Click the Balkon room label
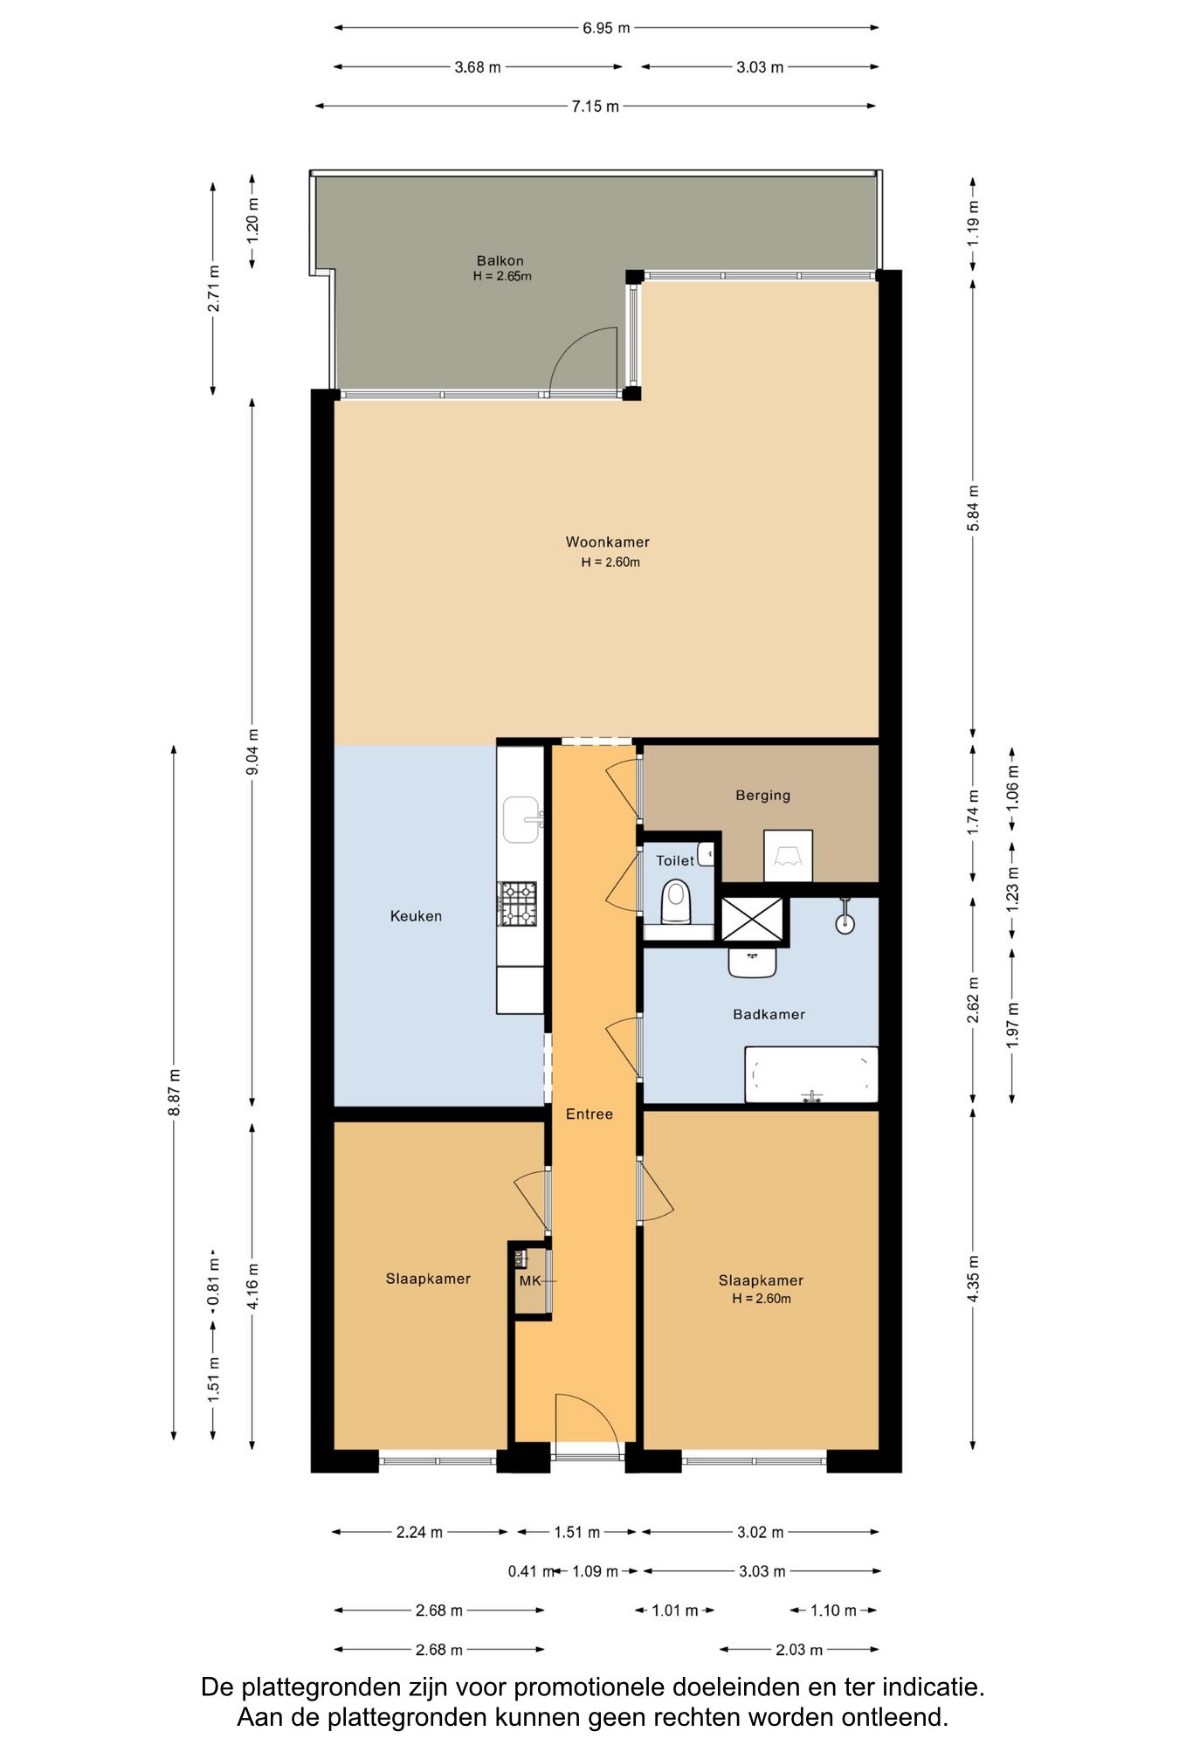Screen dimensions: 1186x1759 coord(500,260)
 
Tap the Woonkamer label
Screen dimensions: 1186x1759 coord(608,541)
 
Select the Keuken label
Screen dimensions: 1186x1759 coord(416,915)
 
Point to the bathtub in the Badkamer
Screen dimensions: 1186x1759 coord(811,1074)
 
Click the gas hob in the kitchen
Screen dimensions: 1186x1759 coord(517,903)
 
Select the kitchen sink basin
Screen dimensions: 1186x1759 coord(521,819)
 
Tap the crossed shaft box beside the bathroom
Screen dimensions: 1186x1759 coord(752,920)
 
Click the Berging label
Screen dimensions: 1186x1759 coord(762,795)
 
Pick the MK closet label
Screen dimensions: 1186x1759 coord(529,1280)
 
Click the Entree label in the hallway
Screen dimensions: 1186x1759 coord(590,1114)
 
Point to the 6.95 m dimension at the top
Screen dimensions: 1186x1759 coord(606,28)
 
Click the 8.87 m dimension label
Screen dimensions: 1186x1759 coord(174,1093)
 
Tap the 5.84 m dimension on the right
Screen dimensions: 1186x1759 coord(973,508)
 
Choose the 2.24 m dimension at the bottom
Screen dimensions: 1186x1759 coord(419,1532)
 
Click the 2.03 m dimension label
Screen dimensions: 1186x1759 coord(799,1650)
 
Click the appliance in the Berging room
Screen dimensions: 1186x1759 coord(788,855)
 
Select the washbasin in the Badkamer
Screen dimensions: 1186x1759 coord(752,962)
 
